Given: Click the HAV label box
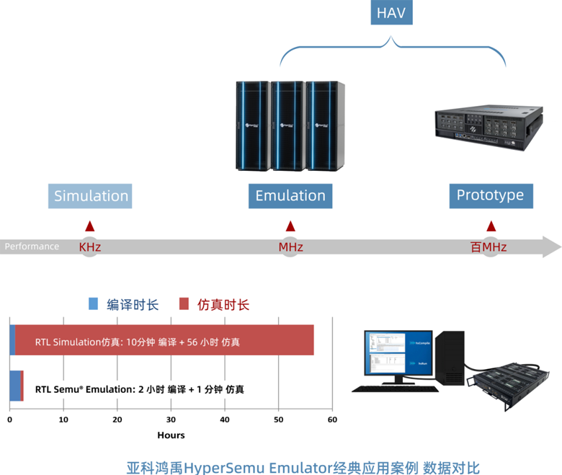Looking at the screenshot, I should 392,14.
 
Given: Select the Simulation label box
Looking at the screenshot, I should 91,196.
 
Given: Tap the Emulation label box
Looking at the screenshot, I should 290,196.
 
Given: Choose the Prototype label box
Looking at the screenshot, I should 490,195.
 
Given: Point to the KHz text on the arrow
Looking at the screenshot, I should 90,247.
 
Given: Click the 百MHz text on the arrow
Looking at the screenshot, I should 489,247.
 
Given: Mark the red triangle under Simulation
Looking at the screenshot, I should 89,226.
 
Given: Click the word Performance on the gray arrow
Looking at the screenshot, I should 32,247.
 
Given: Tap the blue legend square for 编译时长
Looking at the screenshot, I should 93,303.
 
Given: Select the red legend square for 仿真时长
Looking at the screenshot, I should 184,303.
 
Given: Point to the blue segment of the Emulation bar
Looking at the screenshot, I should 14,386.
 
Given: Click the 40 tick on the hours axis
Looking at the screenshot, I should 225,419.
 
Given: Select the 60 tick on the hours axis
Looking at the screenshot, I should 332,419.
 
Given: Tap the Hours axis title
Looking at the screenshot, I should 171,435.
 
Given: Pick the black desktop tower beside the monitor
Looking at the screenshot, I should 451,358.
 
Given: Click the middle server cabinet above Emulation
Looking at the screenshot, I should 290,126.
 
